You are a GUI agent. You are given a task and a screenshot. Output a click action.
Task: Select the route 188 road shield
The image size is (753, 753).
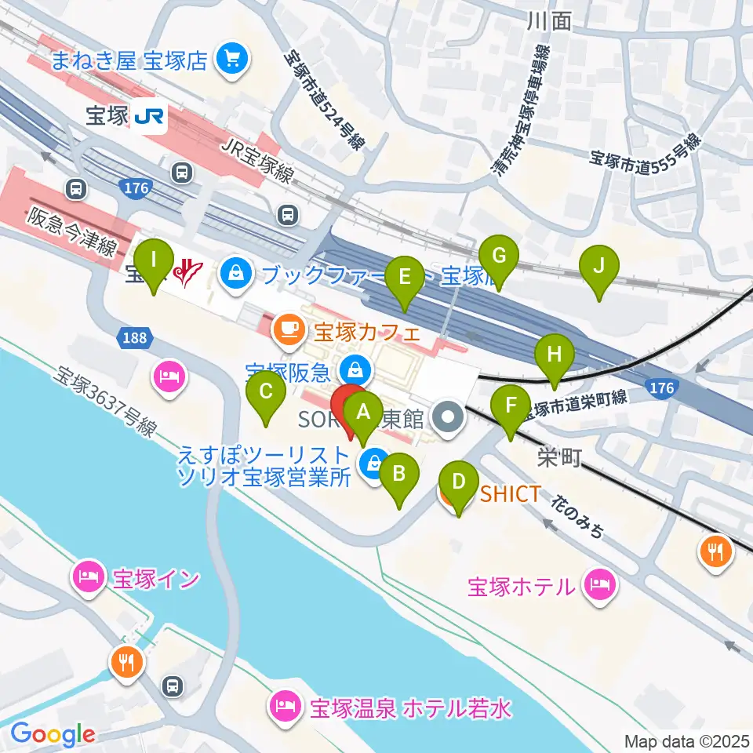pyautogui.click(x=134, y=338)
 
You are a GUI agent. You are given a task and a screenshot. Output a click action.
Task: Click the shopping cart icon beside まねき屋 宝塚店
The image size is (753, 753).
pyautogui.click(x=232, y=58)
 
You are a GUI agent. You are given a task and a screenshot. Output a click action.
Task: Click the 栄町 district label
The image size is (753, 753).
pyautogui.click(x=559, y=457)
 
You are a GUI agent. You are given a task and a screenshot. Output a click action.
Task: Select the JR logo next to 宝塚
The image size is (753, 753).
pyautogui.click(x=148, y=117)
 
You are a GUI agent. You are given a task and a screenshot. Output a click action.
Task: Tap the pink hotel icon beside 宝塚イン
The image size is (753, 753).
pyautogui.click(x=88, y=578)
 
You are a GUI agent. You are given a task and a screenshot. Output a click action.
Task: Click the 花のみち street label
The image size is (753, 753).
pyautogui.click(x=578, y=516)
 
